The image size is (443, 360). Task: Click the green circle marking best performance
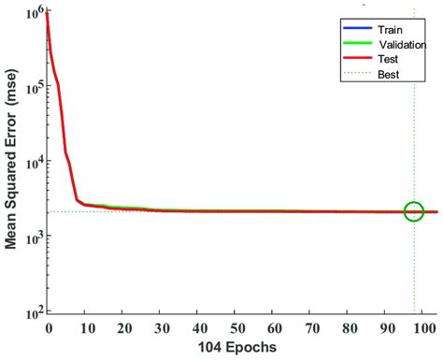click(414, 211)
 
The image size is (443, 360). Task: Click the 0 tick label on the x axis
click(48, 327)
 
